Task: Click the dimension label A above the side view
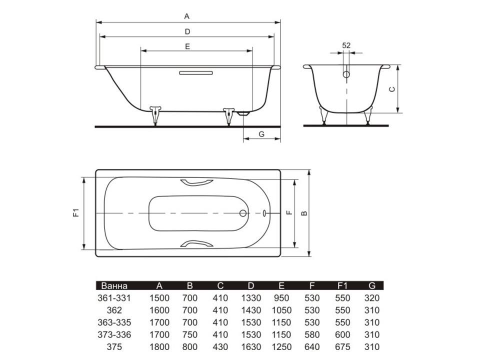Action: (186, 16)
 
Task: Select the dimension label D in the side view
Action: (187, 31)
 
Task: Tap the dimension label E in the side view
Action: (187, 46)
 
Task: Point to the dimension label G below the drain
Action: (261, 134)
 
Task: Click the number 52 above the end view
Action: (346, 45)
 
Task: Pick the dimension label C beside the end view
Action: (392, 89)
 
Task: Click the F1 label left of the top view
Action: (76, 212)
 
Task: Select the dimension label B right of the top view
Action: (304, 213)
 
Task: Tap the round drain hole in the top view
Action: (243, 213)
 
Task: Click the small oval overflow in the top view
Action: (264, 213)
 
